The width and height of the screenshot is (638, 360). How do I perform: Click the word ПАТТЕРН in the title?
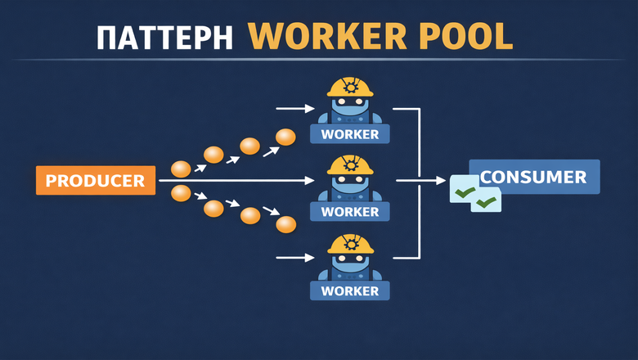pos(165,38)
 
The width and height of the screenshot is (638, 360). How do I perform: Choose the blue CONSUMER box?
pos(534,177)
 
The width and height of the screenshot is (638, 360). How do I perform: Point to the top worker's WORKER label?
pos(350,134)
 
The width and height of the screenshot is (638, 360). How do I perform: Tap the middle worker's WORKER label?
pos(350,212)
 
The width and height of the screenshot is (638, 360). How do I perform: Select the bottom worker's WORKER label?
pos(350,290)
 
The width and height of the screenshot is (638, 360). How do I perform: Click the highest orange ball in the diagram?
pos(285,137)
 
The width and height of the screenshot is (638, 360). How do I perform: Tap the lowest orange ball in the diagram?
pos(285,224)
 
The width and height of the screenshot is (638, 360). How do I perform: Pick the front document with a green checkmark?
pos(487,200)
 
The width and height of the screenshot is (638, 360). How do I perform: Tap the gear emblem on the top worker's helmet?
pos(351,85)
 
